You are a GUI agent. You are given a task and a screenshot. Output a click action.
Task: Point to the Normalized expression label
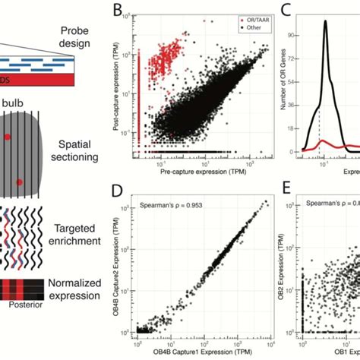(74, 295)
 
